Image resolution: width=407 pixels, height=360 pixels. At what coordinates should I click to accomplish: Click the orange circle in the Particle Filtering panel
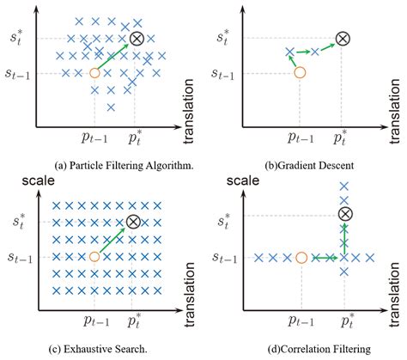(94, 73)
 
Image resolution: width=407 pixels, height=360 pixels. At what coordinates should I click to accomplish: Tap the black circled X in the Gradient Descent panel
(343, 38)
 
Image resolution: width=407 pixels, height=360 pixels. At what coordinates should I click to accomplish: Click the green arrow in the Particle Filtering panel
(113, 56)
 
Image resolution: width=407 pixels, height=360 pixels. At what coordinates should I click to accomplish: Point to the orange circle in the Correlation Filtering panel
(301, 257)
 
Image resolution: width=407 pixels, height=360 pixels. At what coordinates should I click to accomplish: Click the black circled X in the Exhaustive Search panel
(133, 222)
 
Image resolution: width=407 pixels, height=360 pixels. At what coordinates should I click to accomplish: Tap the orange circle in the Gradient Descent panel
(301, 73)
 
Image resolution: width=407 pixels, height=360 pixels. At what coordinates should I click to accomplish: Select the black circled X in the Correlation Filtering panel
(343, 213)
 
